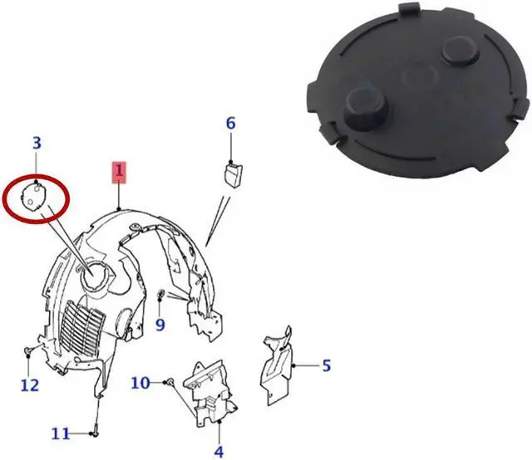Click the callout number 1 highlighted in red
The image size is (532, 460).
120,174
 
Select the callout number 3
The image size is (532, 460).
37,143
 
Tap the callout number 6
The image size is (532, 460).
231,124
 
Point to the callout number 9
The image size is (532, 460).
160,324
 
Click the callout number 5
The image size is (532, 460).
326,365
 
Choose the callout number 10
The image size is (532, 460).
140,382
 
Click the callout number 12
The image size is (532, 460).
29,384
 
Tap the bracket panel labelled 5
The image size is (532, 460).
276,365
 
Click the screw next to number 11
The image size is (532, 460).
96,432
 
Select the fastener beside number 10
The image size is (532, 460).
169,381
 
